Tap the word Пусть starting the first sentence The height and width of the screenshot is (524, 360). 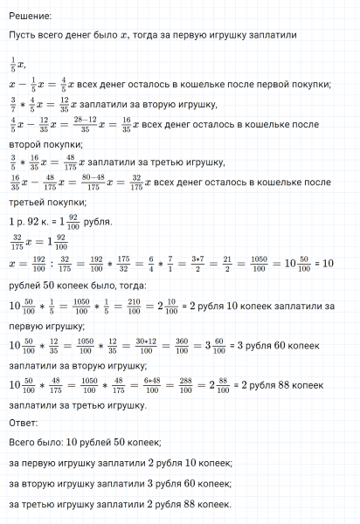pos(23,35)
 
